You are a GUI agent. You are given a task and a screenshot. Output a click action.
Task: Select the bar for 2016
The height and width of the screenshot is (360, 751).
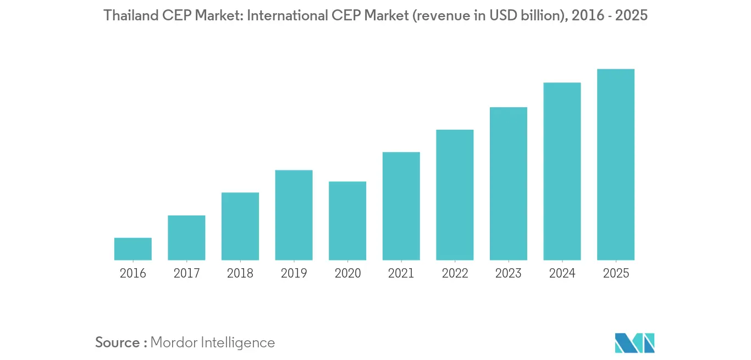pos(133,249)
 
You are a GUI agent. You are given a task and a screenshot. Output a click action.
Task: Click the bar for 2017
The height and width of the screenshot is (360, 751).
pos(186,237)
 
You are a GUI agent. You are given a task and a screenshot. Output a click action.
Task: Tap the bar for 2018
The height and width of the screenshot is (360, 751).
pos(240,226)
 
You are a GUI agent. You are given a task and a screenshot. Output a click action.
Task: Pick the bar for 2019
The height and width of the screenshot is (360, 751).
pos(294,215)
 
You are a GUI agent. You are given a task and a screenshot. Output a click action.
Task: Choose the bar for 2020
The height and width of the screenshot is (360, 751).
pos(347,221)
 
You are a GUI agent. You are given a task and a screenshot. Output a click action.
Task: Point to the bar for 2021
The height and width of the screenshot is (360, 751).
pos(401,206)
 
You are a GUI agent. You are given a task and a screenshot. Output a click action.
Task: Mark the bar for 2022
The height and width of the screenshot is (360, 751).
pos(455,195)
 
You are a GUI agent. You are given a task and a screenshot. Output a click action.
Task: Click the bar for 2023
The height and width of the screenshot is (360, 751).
pos(509,184)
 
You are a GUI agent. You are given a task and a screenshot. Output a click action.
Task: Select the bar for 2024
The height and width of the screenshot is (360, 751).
pos(562,171)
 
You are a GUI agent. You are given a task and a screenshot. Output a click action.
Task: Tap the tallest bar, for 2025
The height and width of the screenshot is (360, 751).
pos(616,164)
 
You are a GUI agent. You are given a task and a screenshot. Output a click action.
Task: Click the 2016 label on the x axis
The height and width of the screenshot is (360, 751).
pos(133,273)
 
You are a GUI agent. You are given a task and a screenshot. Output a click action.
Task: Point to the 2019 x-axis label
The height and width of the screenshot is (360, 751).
pos(294,273)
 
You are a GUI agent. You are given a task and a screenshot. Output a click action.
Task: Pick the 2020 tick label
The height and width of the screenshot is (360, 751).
pos(347,273)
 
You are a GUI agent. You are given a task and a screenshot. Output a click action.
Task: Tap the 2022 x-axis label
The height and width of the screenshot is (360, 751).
pos(455,273)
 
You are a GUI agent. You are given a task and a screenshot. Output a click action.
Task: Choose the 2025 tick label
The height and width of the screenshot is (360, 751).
pos(616,273)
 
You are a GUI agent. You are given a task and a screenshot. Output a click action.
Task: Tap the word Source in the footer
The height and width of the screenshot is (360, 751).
pos(118,342)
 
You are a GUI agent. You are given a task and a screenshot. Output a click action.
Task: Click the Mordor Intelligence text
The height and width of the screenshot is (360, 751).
pos(212,342)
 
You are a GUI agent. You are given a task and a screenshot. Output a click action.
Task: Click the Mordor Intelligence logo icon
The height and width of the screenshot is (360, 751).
pos(635,342)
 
